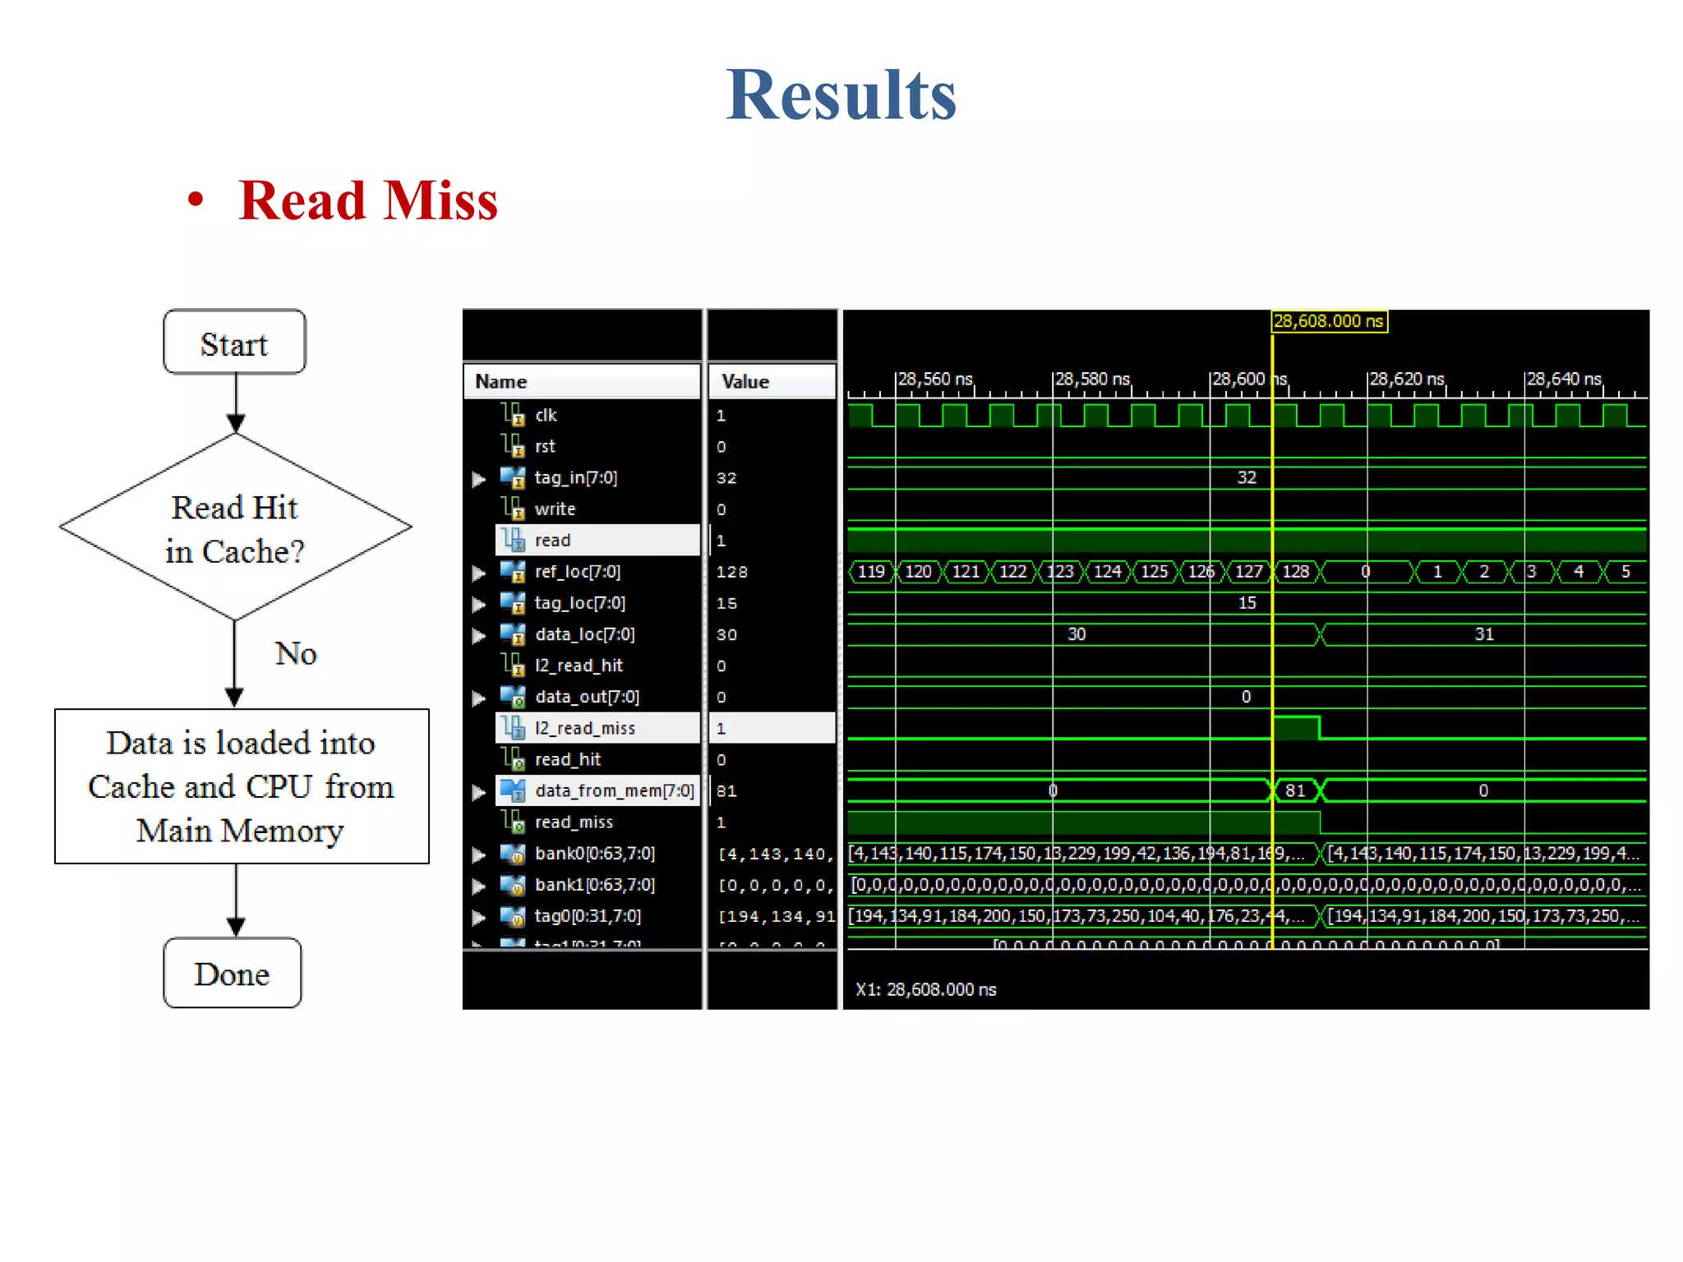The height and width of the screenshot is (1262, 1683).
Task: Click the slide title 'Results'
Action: pyautogui.click(x=841, y=95)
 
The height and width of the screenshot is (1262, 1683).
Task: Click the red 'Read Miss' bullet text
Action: pyautogui.click(x=367, y=200)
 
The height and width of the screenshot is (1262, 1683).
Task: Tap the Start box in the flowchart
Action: pyautogui.click(x=234, y=343)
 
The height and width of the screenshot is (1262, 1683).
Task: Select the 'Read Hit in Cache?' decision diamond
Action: pyautogui.click(x=235, y=527)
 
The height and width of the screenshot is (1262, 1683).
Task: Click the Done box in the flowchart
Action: pyautogui.click(x=233, y=974)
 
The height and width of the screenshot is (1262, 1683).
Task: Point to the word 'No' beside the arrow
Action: pyautogui.click(x=295, y=654)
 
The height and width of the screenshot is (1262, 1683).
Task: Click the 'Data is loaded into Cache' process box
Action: pyautogui.click(x=242, y=786)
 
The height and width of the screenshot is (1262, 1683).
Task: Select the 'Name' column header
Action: pyautogui.click(x=501, y=382)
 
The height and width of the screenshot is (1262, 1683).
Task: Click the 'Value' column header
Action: pyautogui.click(x=745, y=382)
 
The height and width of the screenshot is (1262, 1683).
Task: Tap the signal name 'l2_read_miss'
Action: pyautogui.click(x=584, y=729)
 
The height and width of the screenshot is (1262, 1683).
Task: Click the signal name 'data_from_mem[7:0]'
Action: pyautogui.click(x=614, y=791)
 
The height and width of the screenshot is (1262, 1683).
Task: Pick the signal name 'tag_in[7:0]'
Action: pyautogui.click(x=575, y=478)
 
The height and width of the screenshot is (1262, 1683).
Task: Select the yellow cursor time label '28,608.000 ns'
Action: pyautogui.click(x=1329, y=321)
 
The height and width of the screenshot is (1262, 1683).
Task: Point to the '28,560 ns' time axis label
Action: pyautogui.click(x=935, y=380)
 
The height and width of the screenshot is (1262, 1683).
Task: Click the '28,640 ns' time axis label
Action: pyautogui.click(x=1564, y=380)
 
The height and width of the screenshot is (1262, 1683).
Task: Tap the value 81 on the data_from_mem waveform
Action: pyautogui.click(x=1295, y=791)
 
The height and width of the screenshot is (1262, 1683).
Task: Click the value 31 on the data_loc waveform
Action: pyautogui.click(x=1483, y=634)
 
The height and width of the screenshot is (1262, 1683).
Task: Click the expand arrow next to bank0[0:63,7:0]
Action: pyautogui.click(x=478, y=854)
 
